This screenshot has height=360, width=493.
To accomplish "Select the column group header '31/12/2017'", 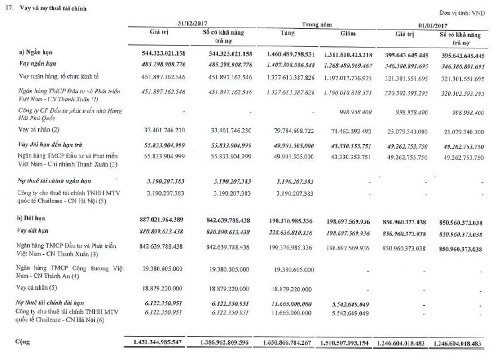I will coord(192,23).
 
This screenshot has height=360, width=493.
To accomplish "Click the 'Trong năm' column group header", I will coord(320,23).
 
